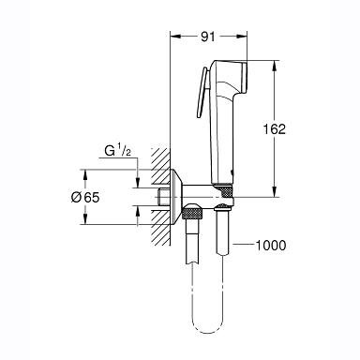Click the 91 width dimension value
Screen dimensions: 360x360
[x=208, y=37]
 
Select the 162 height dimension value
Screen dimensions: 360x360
[x=274, y=129]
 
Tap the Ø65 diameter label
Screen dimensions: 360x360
[x=85, y=198]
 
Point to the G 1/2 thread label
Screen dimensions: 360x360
[x=117, y=151]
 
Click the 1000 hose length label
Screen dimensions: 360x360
[x=271, y=246]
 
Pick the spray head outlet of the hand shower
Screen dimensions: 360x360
[x=244, y=78]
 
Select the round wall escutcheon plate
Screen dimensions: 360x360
[x=176, y=197]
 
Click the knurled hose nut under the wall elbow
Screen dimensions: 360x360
[x=193, y=212]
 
